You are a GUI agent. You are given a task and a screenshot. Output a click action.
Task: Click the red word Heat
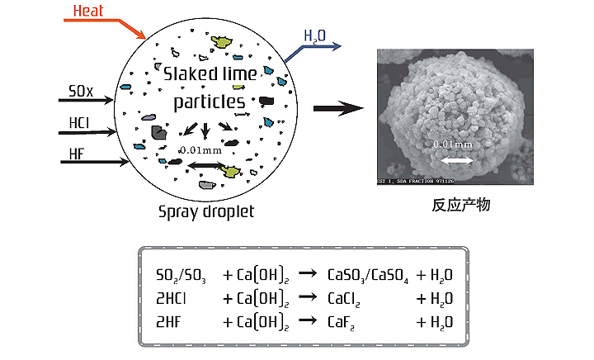(88, 11)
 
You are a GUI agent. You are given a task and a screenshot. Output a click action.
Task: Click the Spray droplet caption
(206, 211)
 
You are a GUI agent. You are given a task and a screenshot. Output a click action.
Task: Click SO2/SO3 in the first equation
(181, 275)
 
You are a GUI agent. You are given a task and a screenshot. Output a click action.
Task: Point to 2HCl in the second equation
(172, 299)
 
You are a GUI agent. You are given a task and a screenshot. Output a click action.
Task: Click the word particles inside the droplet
(209, 102)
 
